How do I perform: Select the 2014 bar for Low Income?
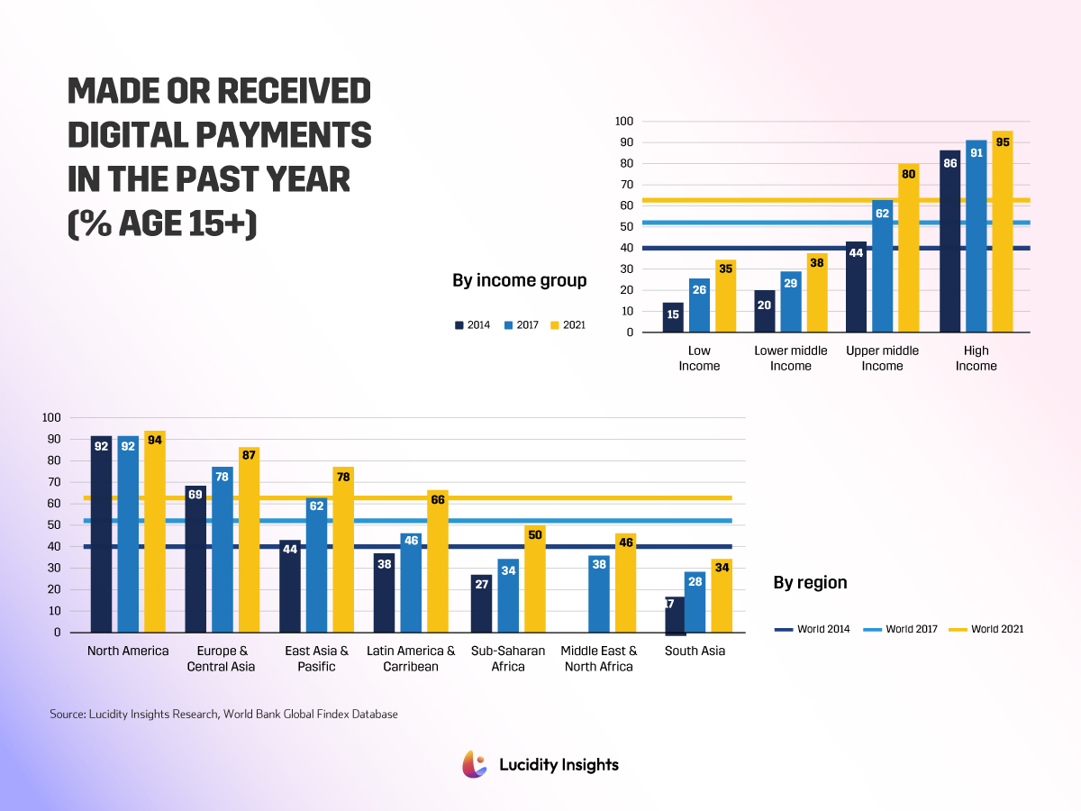pos(673,317)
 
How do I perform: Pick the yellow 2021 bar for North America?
pos(154,532)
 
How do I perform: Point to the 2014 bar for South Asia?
pos(674,615)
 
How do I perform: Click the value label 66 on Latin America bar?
pos(438,499)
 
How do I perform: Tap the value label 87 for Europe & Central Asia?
pos(249,455)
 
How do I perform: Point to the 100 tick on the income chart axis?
pos(624,122)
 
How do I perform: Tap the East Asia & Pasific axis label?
pos(316,659)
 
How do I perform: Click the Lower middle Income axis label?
pos(790,358)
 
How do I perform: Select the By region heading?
pos(810,583)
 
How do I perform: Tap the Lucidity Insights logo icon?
pos(475,764)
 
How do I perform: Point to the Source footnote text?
pos(223,714)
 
